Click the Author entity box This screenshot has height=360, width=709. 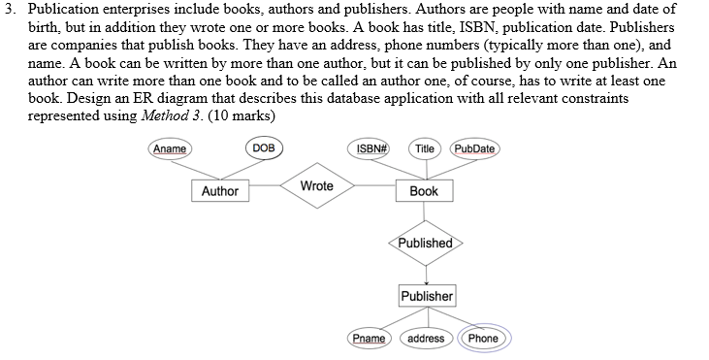pyautogui.click(x=219, y=191)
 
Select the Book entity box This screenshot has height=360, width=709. pyautogui.click(x=424, y=191)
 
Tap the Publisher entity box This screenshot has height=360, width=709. pyautogui.click(x=427, y=295)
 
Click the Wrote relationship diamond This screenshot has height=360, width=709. pyautogui.click(x=316, y=185)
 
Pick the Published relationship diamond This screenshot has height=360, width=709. pyautogui.click(x=427, y=243)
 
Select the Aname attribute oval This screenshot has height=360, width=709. pyautogui.click(x=170, y=148)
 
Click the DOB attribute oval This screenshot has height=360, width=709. pyautogui.click(x=263, y=148)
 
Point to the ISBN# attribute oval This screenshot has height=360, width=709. pyautogui.click(x=372, y=148)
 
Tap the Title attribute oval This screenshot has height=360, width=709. pyautogui.click(x=424, y=148)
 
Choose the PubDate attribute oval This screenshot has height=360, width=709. pyautogui.click(x=473, y=148)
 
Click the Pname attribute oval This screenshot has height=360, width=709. pyautogui.click(x=369, y=338)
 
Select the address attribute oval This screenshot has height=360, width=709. pyautogui.click(x=426, y=338)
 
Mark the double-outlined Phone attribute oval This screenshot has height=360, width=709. pyautogui.click(x=482, y=338)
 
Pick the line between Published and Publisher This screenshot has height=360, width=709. pyautogui.click(x=427, y=269)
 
